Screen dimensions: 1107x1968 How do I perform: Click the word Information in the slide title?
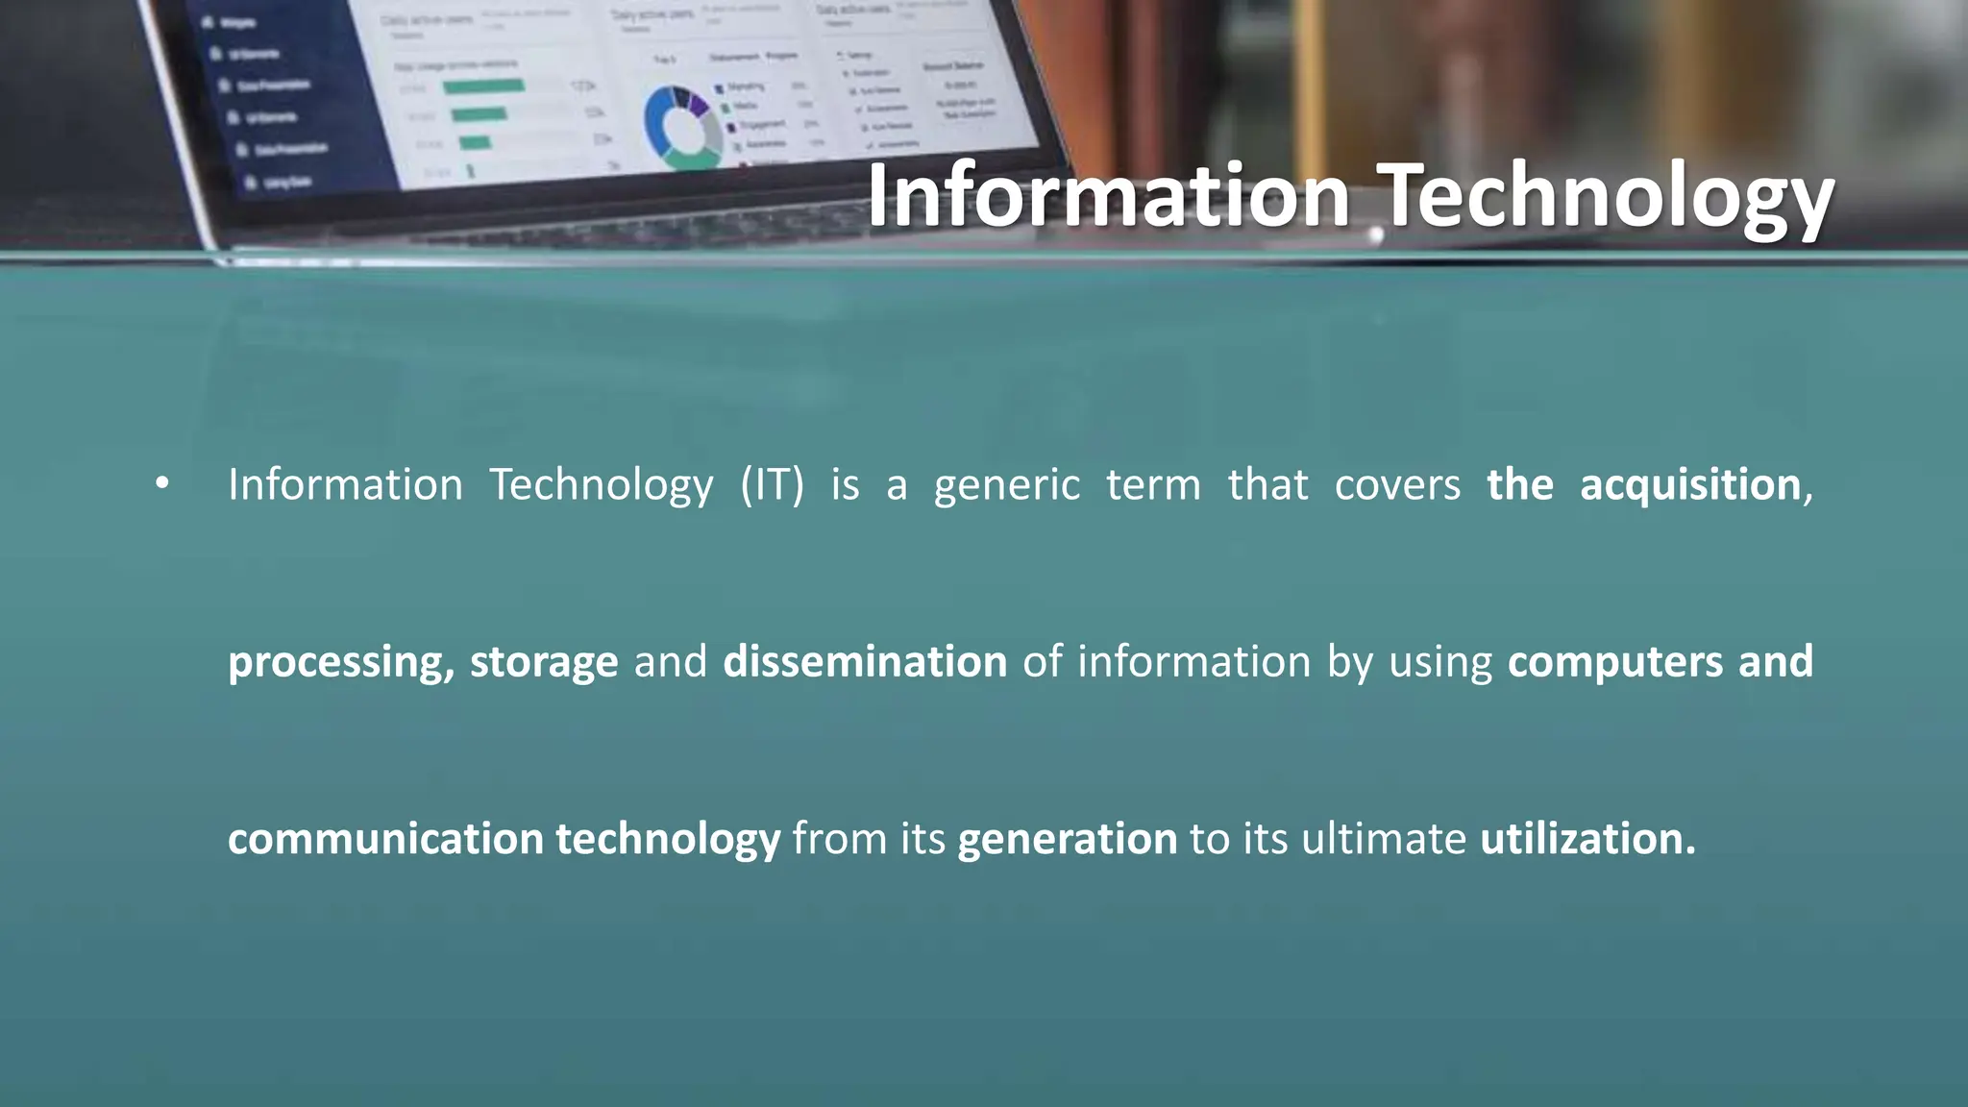click(1109, 197)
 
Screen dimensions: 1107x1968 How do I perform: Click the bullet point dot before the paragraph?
click(162, 483)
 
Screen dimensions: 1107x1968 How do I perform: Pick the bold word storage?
click(544, 662)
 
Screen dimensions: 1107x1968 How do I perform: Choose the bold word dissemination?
click(865, 662)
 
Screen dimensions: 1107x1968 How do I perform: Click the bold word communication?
click(386, 839)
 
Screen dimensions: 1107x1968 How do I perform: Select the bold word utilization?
click(1586, 839)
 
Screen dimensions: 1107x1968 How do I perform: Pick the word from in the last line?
click(839, 839)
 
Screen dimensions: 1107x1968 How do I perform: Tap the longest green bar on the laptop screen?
click(483, 86)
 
